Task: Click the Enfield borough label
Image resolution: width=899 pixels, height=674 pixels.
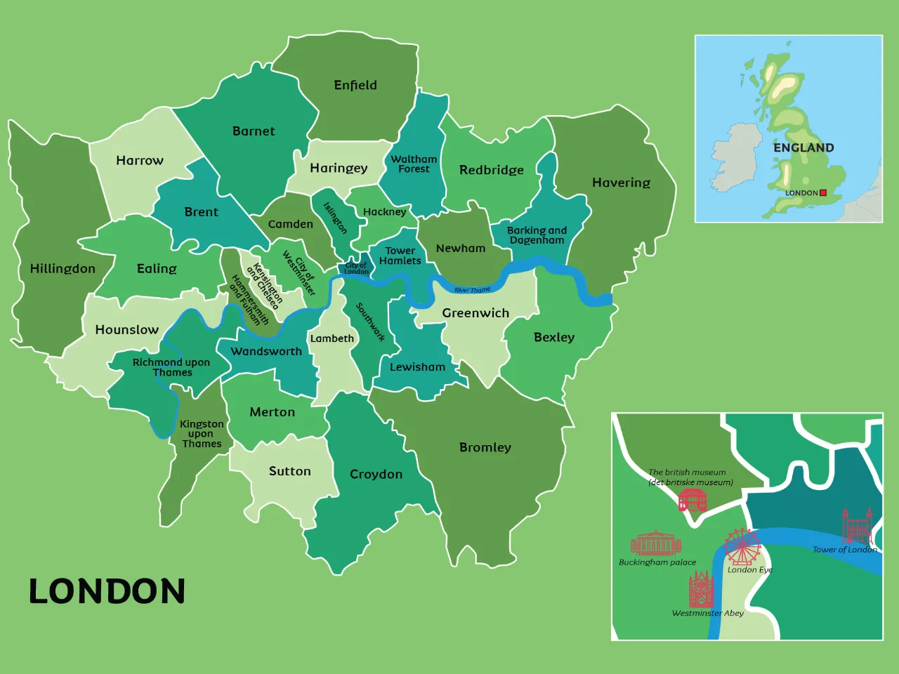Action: click(x=355, y=85)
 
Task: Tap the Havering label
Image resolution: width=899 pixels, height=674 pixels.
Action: click(x=621, y=183)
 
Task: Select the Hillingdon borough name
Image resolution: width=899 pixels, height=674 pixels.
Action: click(x=63, y=268)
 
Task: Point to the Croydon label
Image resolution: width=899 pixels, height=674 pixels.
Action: click(x=376, y=475)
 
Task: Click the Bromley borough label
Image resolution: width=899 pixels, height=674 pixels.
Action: click(x=485, y=447)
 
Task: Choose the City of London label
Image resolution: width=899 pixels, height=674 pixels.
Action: click(x=356, y=268)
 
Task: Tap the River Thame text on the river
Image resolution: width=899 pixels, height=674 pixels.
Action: click(x=473, y=290)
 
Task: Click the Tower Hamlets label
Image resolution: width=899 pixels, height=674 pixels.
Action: click(x=400, y=256)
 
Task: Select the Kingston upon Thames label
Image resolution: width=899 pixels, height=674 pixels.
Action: click(x=202, y=434)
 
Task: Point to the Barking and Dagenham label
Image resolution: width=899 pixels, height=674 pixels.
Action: click(x=537, y=235)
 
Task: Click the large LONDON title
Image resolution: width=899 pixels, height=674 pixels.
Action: click(x=107, y=591)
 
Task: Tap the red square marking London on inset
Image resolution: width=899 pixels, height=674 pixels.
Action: click(x=823, y=192)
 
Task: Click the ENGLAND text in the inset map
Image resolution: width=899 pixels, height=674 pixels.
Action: click(x=803, y=147)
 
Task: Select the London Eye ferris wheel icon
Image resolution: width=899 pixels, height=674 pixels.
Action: click(x=742, y=546)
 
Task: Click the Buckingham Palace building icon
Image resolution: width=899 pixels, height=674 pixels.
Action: click(x=656, y=543)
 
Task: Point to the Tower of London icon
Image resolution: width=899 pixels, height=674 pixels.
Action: click(x=857, y=526)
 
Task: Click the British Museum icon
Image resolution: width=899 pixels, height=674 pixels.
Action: click(x=693, y=501)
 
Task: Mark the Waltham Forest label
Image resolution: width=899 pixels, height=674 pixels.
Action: click(x=414, y=164)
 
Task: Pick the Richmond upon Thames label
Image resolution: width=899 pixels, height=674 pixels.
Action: click(x=171, y=367)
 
